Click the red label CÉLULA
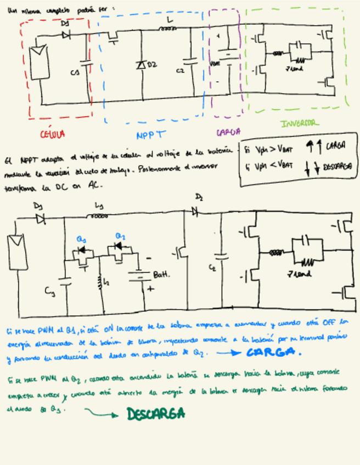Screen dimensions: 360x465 point(53,133)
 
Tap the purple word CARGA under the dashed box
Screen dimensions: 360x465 point(226,132)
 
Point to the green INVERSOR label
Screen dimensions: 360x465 point(300,124)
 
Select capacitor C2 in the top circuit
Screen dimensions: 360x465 point(192,64)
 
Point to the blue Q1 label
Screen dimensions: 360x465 point(81,239)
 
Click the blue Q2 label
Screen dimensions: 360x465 point(120,236)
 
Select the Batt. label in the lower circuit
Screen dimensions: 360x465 point(161,273)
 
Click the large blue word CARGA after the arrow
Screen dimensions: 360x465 point(274,351)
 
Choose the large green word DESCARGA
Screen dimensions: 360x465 point(156,414)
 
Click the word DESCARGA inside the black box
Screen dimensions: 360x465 point(336,165)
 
